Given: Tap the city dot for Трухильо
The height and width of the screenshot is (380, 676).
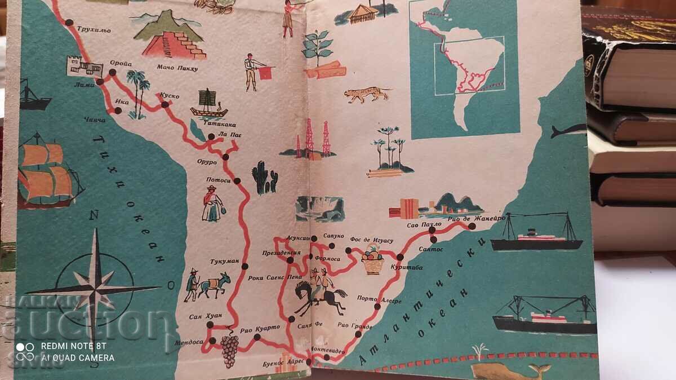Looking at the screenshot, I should pos(69,23).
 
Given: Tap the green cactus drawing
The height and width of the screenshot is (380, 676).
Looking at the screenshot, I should pos(264,178).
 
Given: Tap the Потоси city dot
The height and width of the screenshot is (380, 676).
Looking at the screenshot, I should pos(237,181).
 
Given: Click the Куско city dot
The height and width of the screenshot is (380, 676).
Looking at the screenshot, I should pos(165,104).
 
